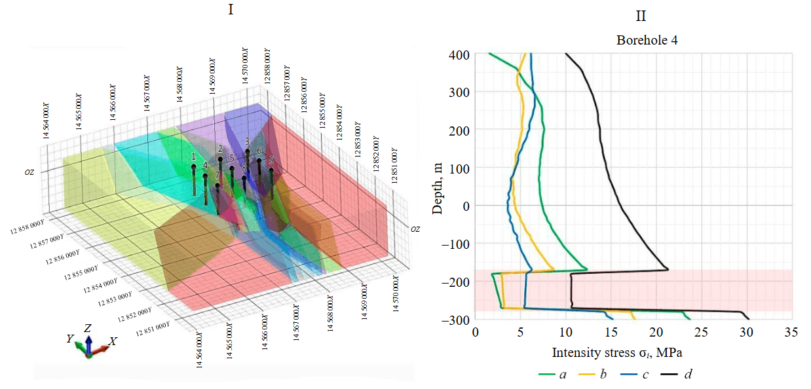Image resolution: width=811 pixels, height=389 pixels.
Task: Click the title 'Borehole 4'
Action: (647, 40)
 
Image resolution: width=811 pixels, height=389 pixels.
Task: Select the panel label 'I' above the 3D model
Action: (231, 10)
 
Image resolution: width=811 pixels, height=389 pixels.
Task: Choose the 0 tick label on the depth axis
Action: (466, 206)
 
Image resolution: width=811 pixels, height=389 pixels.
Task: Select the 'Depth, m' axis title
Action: (438, 186)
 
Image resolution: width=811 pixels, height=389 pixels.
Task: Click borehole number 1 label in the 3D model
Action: (194, 157)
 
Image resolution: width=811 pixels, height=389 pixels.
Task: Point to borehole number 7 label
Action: (217, 176)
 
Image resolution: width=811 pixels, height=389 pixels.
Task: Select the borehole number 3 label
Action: (247, 141)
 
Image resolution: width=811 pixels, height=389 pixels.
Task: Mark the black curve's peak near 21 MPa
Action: (667, 269)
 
